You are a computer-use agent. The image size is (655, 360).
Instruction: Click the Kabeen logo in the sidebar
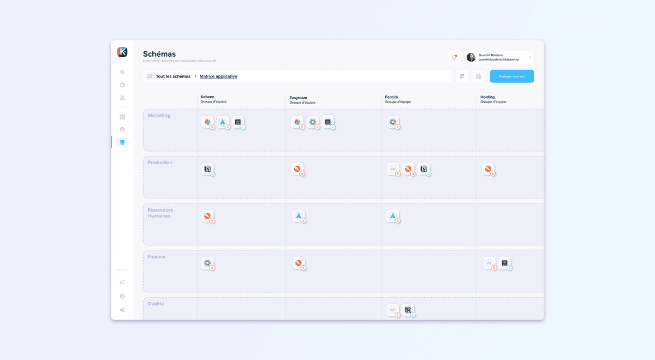point(122,52)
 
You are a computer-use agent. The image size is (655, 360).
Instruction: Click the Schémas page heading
point(159,54)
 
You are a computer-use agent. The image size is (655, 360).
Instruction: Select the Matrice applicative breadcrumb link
point(218,76)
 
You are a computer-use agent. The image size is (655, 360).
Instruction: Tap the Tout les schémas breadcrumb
point(172,76)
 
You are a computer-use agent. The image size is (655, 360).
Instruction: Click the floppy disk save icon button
point(479,76)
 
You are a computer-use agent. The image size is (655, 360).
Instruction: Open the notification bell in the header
point(454,57)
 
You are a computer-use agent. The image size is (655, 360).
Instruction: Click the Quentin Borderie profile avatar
point(471,57)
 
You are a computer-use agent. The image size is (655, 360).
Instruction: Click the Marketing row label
point(159,116)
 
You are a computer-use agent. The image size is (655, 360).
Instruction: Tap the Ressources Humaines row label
point(160,213)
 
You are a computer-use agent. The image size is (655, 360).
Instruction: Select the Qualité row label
point(156,304)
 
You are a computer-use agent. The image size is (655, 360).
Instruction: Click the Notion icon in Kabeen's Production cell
point(207,169)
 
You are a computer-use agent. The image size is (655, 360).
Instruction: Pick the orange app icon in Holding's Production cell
point(488,169)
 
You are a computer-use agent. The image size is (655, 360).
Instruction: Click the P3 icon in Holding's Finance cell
point(489,263)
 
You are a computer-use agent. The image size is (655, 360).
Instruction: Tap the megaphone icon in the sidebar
point(122,282)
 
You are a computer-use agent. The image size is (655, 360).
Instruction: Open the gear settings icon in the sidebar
point(122,296)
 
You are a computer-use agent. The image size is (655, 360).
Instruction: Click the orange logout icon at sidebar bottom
point(122,310)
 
